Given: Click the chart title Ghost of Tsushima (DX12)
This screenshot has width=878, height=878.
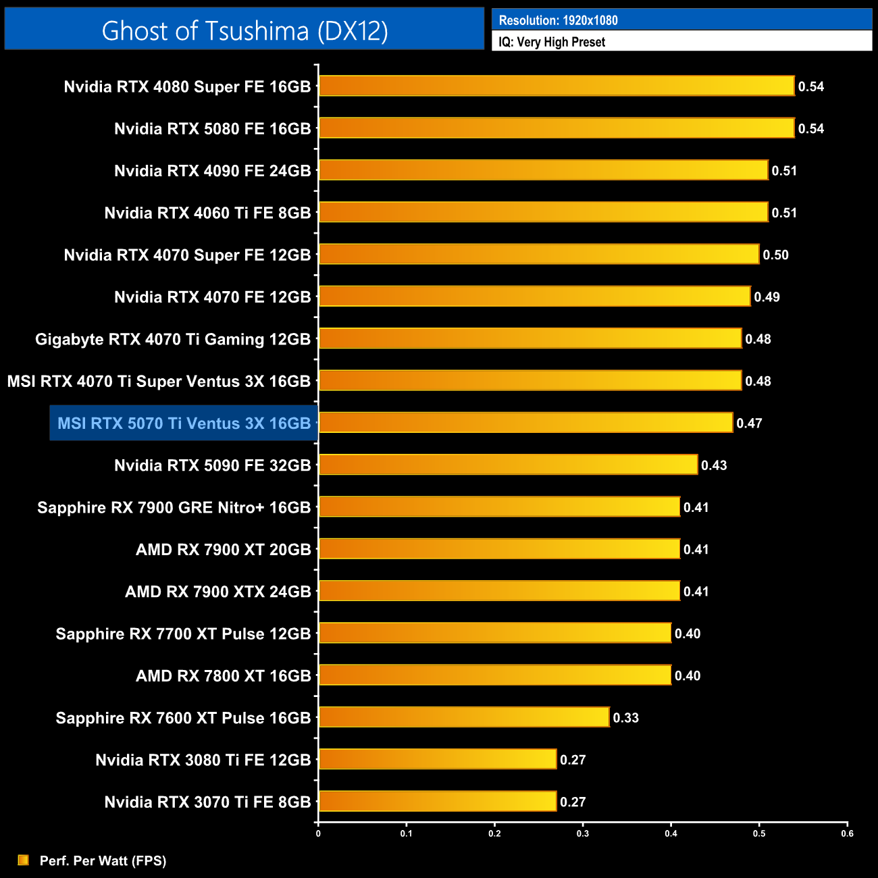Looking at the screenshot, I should pyautogui.click(x=244, y=30).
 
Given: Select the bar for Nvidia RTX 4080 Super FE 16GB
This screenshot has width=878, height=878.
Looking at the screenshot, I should pyautogui.click(x=557, y=86).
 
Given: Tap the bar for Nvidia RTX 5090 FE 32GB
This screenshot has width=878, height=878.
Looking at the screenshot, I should pyautogui.click(x=508, y=465).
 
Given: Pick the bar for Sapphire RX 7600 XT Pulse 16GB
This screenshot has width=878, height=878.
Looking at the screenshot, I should pyautogui.click(x=464, y=717).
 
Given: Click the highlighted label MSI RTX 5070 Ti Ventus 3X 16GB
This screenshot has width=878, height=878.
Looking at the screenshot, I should pyautogui.click(x=184, y=423).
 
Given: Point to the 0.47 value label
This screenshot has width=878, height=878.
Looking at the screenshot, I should pyautogui.click(x=749, y=423).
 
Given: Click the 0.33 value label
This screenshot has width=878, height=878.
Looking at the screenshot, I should pyautogui.click(x=625, y=718).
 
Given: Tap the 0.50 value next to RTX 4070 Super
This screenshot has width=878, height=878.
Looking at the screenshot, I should pyautogui.click(x=775, y=255).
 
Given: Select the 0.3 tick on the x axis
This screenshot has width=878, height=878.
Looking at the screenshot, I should pyautogui.click(x=583, y=833).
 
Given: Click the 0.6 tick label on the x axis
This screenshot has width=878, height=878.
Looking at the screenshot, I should pyautogui.click(x=847, y=833).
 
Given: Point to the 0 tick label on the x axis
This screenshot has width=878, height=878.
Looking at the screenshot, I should pyautogui.click(x=318, y=833).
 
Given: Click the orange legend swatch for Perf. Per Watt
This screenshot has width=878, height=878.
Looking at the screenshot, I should pyautogui.click(x=23, y=860).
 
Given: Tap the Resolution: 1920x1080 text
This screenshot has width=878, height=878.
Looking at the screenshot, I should pyautogui.click(x=558, y=20).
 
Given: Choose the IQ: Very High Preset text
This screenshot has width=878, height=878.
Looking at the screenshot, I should pyautogui.click(x=552, y=42).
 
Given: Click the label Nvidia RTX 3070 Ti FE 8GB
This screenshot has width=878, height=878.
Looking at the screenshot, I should pyautogui.click(x=207, y=802).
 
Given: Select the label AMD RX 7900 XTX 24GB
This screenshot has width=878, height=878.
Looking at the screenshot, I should pyautogui.click(x=217, y=592).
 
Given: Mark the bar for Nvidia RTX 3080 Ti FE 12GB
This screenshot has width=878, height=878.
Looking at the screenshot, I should pyautogui.click(x=438, y=759).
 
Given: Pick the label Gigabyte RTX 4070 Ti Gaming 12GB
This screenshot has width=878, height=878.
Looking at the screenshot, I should pyautogui.click(x=173, y=339).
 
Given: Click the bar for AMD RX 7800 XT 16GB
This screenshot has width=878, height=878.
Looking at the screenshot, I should pyautogui.click(x=495, y=675).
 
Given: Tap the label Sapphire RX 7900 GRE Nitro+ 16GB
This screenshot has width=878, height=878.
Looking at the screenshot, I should pyautogui.click(x=174, y=508).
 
